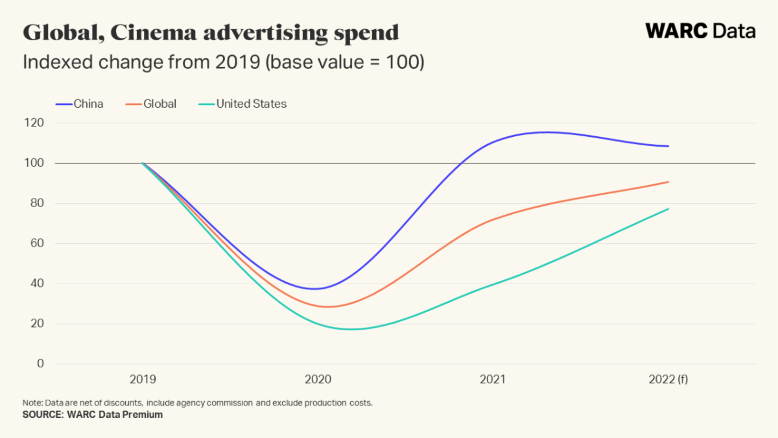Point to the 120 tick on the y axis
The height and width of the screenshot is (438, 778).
click(36, 123)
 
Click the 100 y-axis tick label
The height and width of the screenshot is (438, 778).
click(36, 164)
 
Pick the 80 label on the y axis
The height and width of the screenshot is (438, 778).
click(37, 204)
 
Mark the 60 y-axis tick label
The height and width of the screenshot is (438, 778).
click(37, 244)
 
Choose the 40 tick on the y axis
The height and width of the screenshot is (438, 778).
click(37, 284)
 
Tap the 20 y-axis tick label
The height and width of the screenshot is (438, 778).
click(37, 324)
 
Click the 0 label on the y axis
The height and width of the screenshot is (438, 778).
click(40, 364)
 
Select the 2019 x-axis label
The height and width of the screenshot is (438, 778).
click(143, 380)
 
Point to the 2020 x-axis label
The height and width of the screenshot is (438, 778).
click(318, 380)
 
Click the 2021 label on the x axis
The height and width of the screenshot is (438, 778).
click(493, 380)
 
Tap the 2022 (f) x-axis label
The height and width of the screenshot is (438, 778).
click(668, 380)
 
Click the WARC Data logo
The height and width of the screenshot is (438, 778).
click(700, 30)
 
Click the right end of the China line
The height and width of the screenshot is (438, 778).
click(668, 146)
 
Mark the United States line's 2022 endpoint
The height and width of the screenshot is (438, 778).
click(668, 209)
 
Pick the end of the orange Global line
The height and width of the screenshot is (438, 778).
click(668, 182)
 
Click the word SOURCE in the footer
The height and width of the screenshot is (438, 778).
click(41, 415)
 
